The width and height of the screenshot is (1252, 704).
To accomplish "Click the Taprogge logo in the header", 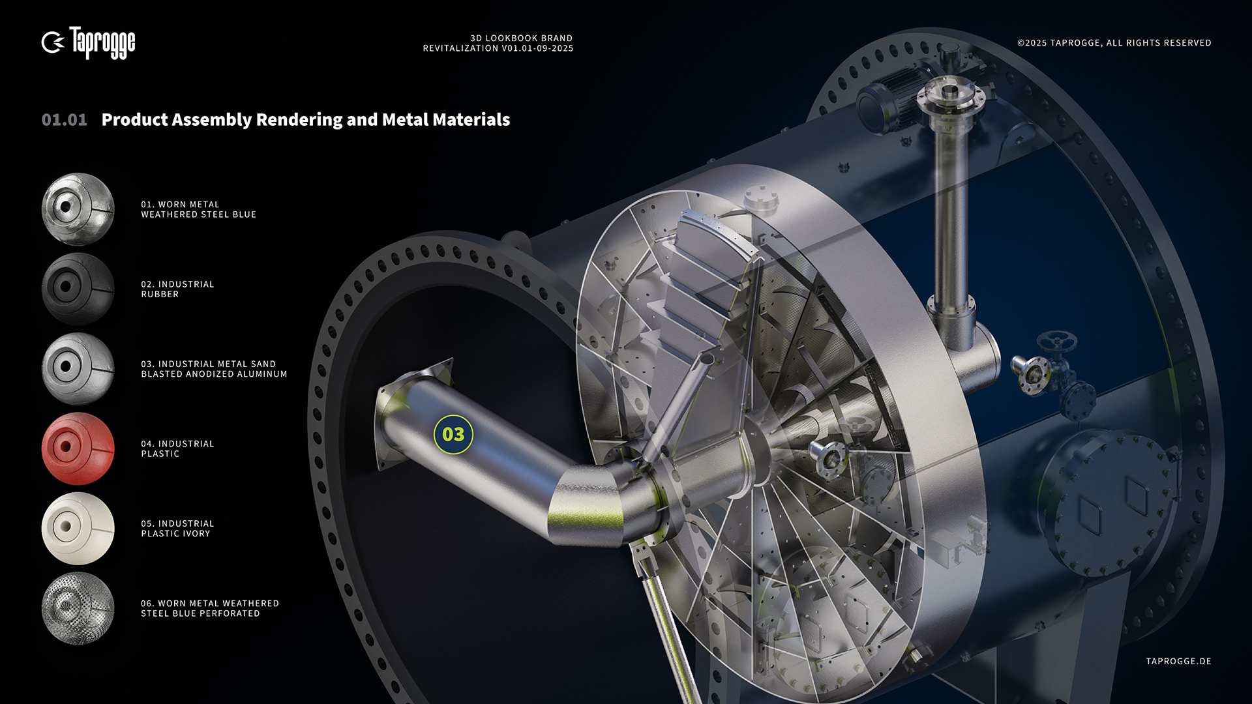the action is [88, 43].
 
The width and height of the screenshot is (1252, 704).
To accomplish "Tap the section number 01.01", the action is [64, 120].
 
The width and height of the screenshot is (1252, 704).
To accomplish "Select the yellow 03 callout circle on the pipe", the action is [453, 434].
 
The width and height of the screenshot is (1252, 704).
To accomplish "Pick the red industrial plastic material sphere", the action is [78, 448].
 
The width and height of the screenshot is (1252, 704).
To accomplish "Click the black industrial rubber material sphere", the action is [78, 289].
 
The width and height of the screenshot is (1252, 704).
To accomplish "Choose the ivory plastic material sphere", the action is [78, 528].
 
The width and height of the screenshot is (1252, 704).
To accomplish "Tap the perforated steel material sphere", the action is [78, 608].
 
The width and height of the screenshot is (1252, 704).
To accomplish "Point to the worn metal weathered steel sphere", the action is [78, 209].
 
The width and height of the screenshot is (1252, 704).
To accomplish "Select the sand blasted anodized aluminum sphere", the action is [78, 369].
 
